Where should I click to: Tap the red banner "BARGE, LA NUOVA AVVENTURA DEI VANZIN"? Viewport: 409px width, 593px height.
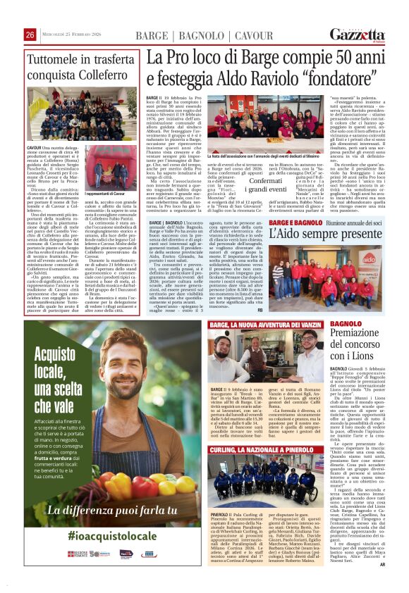pyautogui.click(x=268, y=324)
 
